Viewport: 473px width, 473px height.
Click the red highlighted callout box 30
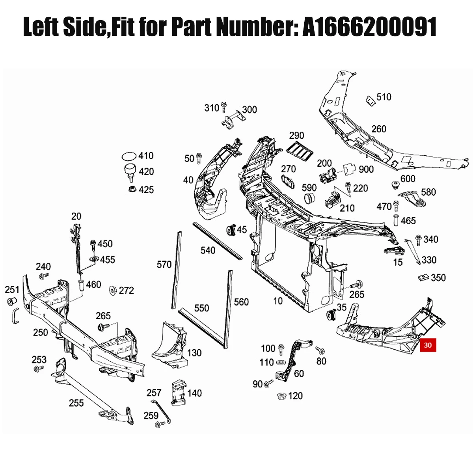pos(428,345)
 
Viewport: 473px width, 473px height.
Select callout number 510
pos(384,97)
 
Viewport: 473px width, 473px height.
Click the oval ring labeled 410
pos(129,156)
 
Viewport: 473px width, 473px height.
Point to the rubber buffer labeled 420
pos(130,172)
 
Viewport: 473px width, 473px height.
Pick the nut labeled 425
pos(132,189)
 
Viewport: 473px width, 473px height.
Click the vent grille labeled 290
pos(300,151)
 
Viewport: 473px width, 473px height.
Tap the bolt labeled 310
pos(223,107)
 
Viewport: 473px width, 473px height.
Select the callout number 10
pos(278,301)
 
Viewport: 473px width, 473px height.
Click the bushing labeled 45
pos(231,230)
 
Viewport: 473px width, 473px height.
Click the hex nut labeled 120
pos(281,396)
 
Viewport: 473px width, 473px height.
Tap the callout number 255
pos(76,403)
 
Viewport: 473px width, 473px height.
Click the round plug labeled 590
pos(309,198)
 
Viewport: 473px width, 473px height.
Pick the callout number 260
pos(379,129)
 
